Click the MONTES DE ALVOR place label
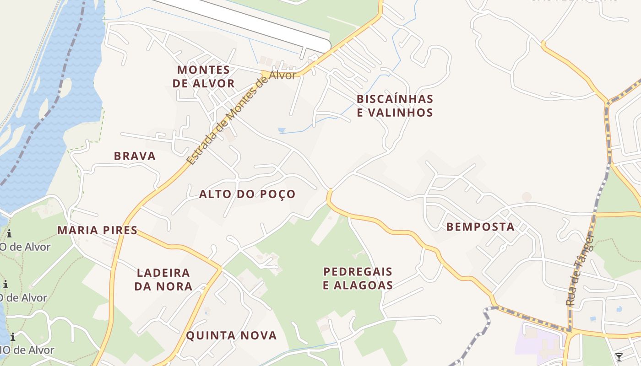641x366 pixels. pyautogui.click(x=206, y=76)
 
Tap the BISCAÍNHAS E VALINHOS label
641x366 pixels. pyautogui.click(x=395, y=106)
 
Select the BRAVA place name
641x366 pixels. pyautogui.click(x=135, y=156)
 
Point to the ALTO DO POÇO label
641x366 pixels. pyautogui.click(x=247, y=194)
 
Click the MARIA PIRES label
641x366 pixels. pyautogui.click(x=97, y=230)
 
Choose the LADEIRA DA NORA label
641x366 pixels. pyautogui.click(x=163, y=280)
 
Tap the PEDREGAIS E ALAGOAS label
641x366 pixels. pyautogui.click(x=358, y=279)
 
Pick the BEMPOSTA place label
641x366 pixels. pyautogui.click(x=480, y=226)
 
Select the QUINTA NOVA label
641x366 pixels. pyautogui.click(x=231, y=335)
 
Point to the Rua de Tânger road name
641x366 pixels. pyautogui.click(x=579, y=270)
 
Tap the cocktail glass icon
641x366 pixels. pyautogui.click(x=619, y=357)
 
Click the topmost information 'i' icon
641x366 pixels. pyautogui.click(x=9, y=234)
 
